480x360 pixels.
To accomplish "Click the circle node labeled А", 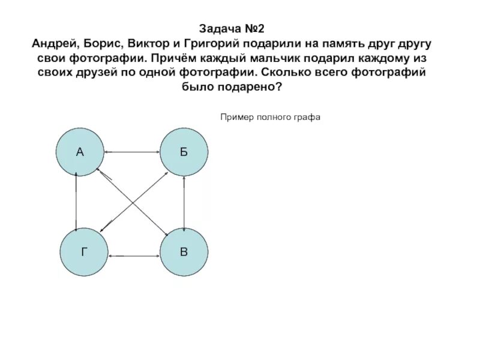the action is click(x=80, y=152).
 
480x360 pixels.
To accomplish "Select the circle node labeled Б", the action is click(x=184, y=152).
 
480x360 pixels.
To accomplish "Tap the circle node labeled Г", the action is click(x=85, y=252).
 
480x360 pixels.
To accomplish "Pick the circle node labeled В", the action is click(x=184, y=252).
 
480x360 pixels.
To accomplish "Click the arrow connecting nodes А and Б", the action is click(x=132, y=152).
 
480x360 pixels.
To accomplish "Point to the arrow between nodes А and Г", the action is click(x=76, y=202).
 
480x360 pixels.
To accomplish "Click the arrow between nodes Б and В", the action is click(x=184, y=202).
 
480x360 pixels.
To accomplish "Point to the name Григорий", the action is click(x=208, y=46).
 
